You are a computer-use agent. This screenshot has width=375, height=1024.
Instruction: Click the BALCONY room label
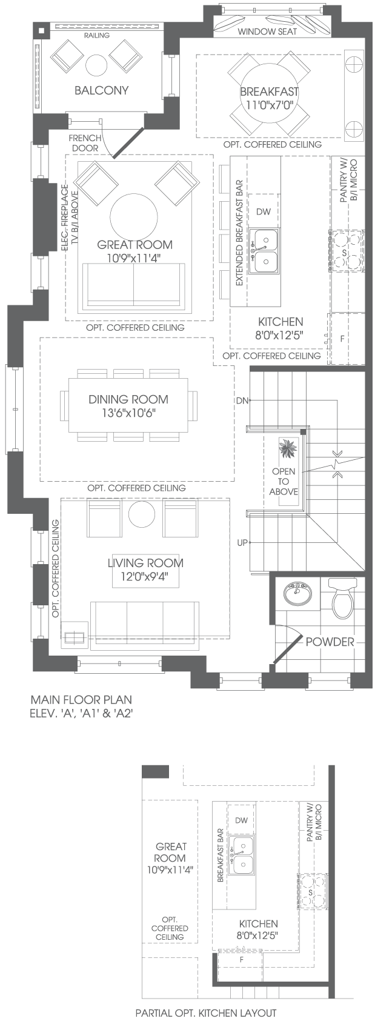(102, 90)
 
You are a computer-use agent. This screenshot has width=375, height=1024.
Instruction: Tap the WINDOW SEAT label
(268, 32)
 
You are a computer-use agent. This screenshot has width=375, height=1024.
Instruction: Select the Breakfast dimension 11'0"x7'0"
(270, 105)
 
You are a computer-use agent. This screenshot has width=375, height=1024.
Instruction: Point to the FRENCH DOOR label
(85, 143)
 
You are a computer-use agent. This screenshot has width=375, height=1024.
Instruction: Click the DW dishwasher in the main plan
(264, 211)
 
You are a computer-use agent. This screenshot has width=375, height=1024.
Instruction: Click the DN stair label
(242, 401)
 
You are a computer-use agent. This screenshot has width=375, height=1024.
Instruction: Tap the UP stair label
(242, 543)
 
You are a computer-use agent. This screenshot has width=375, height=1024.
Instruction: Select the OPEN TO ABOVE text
(284, 481)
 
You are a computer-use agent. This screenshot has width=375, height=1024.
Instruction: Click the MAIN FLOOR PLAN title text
(81, 699)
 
